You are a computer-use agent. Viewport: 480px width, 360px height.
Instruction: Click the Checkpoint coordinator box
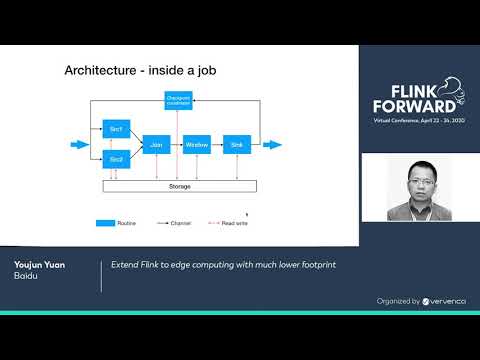[177, 100]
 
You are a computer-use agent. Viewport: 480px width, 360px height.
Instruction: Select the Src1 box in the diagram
[116, 128]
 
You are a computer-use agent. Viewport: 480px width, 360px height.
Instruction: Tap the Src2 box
[116, 159]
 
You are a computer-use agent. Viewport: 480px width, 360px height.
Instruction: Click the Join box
[155, 144]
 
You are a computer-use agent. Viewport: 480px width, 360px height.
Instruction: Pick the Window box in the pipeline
[196, 144]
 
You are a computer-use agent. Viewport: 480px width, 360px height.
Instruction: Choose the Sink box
[236, 144]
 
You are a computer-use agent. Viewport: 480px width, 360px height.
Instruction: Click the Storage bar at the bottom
[180, 186]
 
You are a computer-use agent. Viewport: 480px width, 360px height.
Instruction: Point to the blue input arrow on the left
[79, 144]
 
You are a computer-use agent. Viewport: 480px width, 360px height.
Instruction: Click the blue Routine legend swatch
[107, 222]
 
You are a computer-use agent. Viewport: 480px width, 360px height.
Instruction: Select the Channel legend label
[179, 222]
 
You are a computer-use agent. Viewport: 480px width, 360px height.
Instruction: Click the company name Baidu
[25, 276]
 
